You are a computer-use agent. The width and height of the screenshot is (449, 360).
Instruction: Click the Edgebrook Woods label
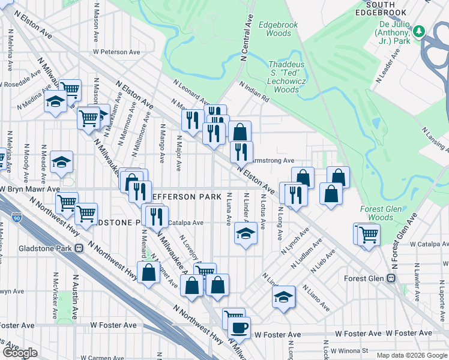[274, 29]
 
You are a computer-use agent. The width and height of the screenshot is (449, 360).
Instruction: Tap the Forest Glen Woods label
[376, 213]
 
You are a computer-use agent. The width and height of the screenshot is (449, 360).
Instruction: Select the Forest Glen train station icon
[391, 278]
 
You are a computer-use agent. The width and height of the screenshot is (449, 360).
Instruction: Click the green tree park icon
[420, 31]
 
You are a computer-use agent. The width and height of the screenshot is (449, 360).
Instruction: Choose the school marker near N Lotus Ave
[243, 233]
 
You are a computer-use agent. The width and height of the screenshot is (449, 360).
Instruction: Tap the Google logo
[20, 353]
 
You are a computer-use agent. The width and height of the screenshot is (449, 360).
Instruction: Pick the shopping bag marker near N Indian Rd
[240, 132]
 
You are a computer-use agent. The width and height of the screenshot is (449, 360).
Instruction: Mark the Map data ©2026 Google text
[412, 355]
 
